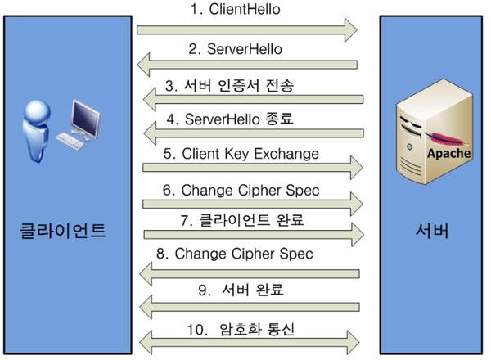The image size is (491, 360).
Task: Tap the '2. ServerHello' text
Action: [246, 48]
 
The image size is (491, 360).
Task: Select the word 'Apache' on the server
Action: [450, 154]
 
